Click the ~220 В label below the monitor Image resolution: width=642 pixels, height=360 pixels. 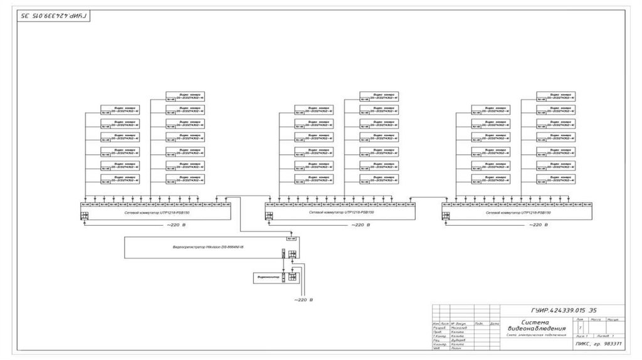coord(303,300)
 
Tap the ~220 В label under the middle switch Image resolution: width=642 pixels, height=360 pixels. coord(360,224)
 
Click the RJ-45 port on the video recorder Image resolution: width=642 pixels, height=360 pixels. coord(291,239)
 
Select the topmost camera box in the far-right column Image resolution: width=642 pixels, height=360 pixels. coord(556,95)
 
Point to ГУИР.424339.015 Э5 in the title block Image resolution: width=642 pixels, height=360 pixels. coord(560,310)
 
